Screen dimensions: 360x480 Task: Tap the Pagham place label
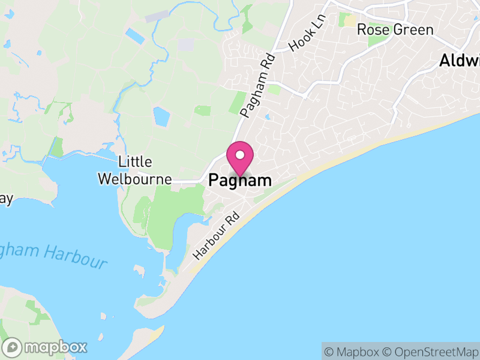point(240,180)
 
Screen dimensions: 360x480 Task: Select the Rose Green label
point(395,29)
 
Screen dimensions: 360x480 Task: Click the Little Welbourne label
point(135,170)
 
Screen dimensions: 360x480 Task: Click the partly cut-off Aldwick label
point(460,61)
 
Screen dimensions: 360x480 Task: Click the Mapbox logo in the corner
point(46,347)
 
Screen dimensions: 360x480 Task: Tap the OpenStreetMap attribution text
point(430,352)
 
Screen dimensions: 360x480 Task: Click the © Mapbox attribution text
point(354,352)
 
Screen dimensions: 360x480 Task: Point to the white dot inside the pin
point(240,155)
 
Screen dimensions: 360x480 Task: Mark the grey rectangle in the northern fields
point(186,44)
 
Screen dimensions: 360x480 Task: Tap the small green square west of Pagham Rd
point(203,110)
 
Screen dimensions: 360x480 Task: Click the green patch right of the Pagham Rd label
point(274,89)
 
